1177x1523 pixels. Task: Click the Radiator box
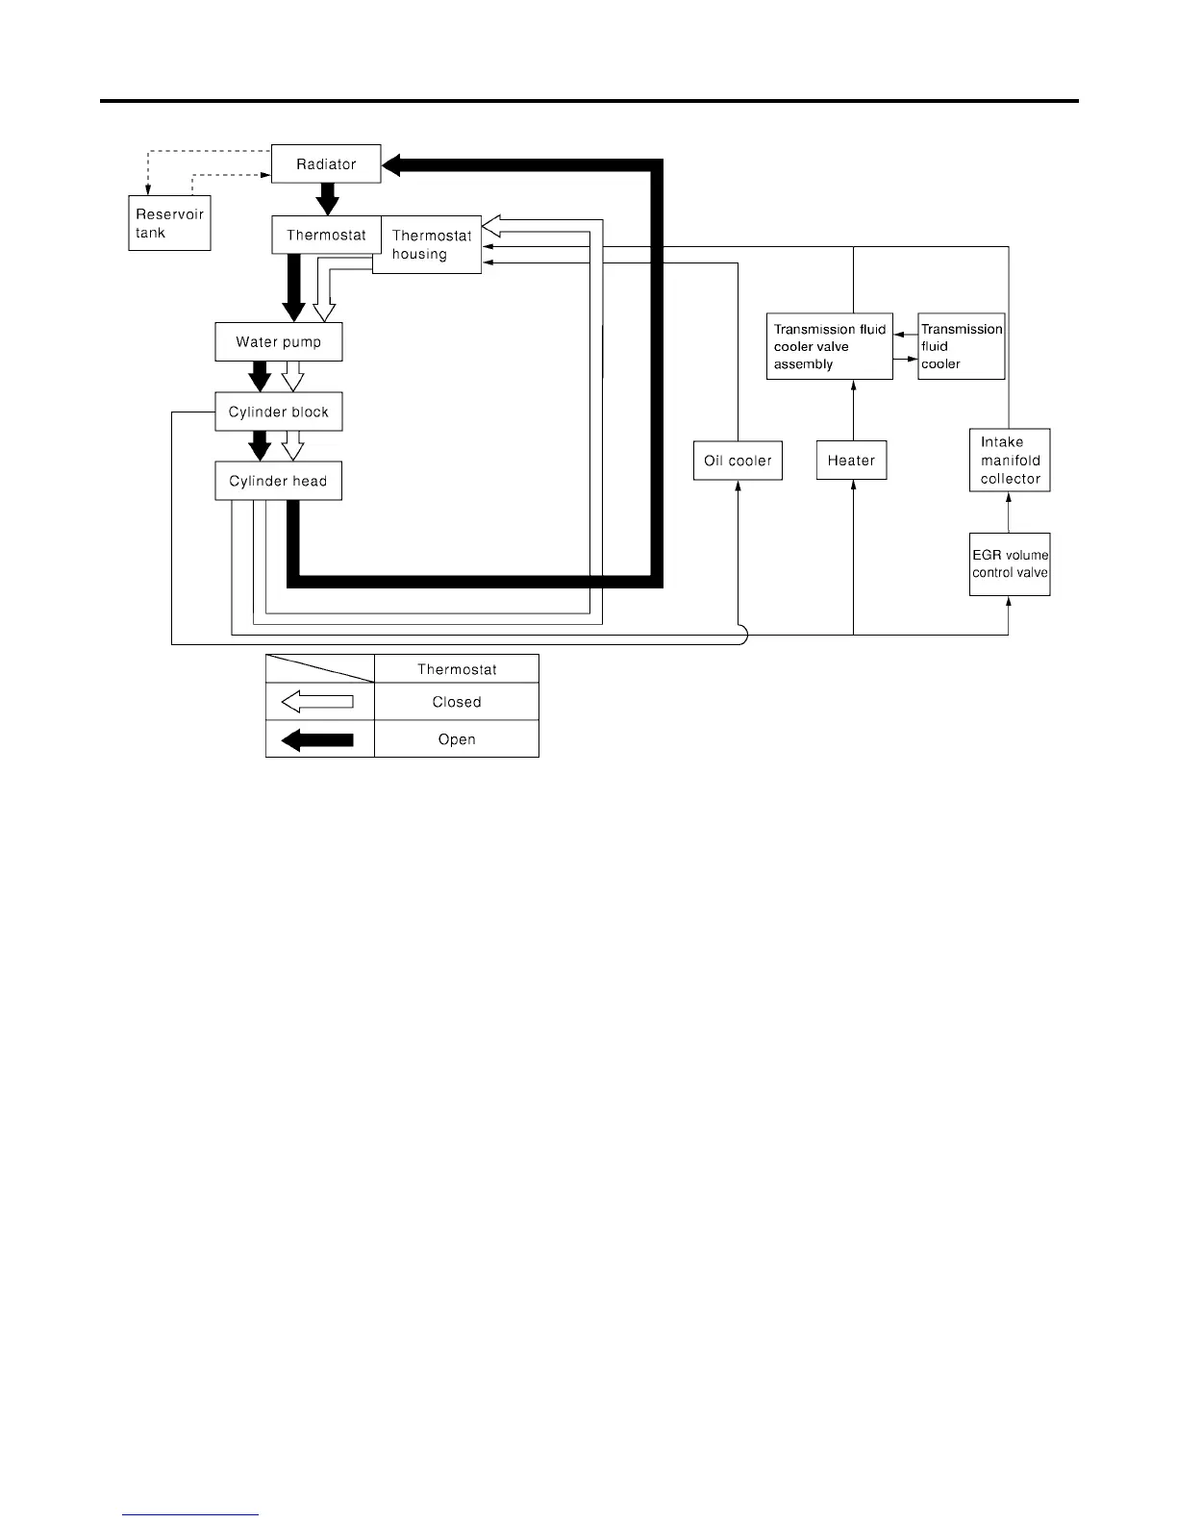coord(326,164)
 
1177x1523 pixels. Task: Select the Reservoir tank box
coord(169,223)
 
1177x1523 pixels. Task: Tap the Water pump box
coord(278,342)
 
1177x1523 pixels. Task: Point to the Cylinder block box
coord(278,412)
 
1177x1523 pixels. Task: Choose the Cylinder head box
coord(278,481)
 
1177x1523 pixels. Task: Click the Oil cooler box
coord(738,461)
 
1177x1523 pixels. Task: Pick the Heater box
coord(851,461)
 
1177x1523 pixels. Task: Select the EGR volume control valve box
coord(1010,564)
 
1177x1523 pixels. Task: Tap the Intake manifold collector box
coord(1010,461)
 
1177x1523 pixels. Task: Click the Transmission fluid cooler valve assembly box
coord(829,346)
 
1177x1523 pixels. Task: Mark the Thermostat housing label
coord(431,245)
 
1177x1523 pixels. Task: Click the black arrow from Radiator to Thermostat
coord(328,199)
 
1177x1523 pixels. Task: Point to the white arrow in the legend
coord(317,702)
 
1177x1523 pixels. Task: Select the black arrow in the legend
coord(317,739)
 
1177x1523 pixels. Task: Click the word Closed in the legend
coord(457,702)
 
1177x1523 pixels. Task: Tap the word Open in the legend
coord(457,739)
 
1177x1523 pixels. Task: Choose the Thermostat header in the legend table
coord(457,669)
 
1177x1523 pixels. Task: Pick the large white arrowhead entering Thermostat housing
coord(490,226)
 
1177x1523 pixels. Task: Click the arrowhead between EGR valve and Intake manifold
coord(1009,498)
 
